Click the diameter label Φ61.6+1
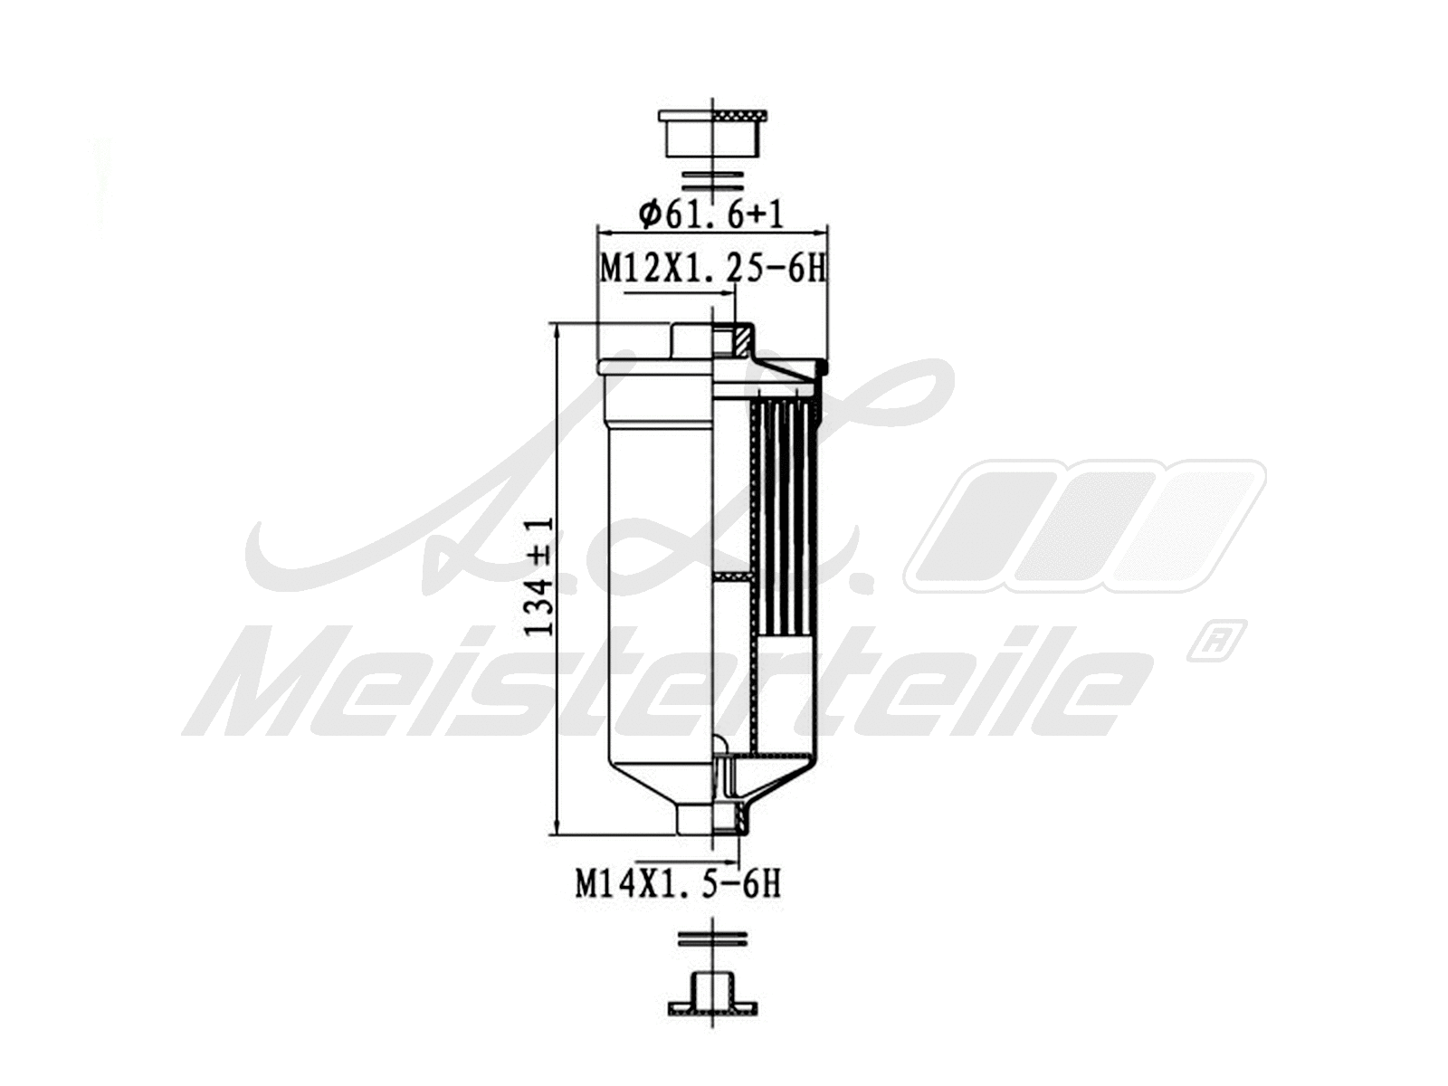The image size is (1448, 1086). click(710, 214)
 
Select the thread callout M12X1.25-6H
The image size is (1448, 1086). click(712, 269)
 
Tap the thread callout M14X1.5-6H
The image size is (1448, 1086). click(678, 883)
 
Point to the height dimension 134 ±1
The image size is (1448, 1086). click(540, 576)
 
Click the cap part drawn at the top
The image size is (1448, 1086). click(713, 132)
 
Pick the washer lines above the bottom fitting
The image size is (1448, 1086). click(713, 938)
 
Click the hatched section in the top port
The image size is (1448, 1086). click(741, 342)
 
